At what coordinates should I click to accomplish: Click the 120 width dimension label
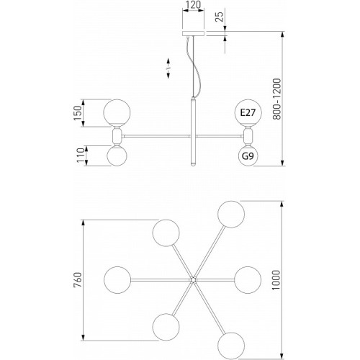point(193,5)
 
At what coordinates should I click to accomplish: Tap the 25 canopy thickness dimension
point(219,17)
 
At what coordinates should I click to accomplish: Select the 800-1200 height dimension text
point(276,99)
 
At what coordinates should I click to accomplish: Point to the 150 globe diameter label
point(78,113)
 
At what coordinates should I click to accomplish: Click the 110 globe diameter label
point(81,156)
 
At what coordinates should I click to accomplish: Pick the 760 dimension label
point(78,280)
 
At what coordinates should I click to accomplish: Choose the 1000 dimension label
point(276,280)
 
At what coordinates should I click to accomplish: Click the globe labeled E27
point(248,112)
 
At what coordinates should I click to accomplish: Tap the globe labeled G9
point(248,156)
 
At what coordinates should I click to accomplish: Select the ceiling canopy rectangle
point(193,33)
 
